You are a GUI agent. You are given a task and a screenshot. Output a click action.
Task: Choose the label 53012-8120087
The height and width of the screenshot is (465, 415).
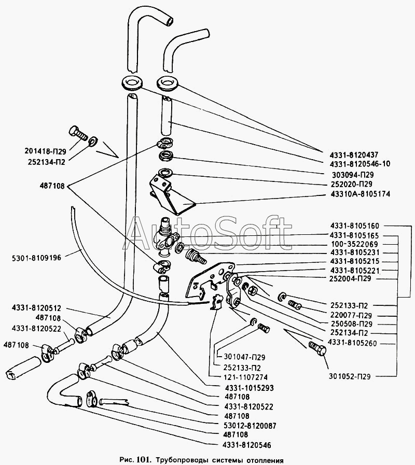(x=251, y=426)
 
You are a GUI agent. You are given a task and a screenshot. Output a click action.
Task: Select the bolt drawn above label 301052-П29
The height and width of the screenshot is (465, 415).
(x=317, y=348)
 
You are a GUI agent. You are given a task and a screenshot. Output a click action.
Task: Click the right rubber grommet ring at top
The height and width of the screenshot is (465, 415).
(x=167, y=83)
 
